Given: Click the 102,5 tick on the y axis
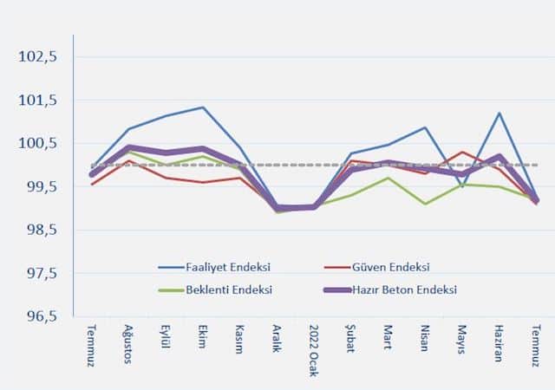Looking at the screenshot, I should pyautogui.click(x=37, y=57).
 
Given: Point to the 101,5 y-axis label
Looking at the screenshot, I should pyautogui.click(x=37, y=101).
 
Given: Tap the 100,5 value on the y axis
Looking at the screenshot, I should pyautogui.click(x=37, y=144).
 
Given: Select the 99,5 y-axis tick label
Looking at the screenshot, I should pyautogui.click(x=39, y=187).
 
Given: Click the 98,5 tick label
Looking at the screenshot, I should pyautogui.click(x=39, y=231).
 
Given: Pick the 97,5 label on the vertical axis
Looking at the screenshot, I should pyautogui.click(x=39, y=274).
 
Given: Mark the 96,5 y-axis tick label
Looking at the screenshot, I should pyautogui.click(x=39, y=317).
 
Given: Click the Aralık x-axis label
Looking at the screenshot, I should pyautogui.click(x=277, y=340).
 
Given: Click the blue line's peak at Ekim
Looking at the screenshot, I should pyautogui.click(x=203, y=107).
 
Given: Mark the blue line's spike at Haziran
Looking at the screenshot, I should pyautogui.click(x=499, y=114).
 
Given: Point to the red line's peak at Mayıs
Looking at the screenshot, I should pyautogui.click(x=462, y=153).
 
